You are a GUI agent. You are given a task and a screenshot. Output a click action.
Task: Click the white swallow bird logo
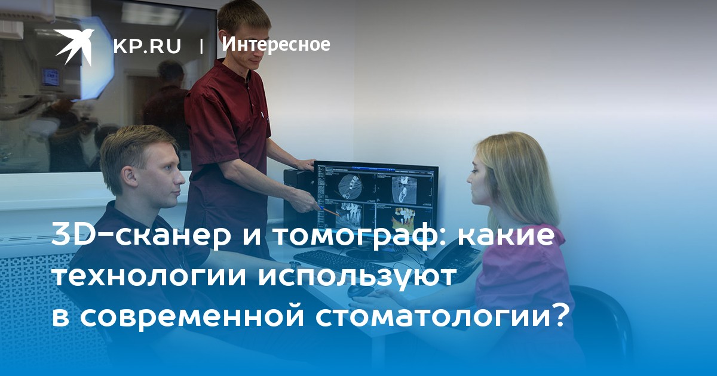[x=74, y=47]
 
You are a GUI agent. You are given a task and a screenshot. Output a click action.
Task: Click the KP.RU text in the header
[x=147, y=46]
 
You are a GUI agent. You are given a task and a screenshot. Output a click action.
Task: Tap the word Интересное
[x=276, y=44]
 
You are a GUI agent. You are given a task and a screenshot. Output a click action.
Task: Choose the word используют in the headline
[x=356, y=277]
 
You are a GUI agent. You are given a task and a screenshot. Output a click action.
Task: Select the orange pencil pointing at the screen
[x=329, y=211]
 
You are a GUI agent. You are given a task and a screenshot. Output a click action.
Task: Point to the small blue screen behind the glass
[x=51, y=78]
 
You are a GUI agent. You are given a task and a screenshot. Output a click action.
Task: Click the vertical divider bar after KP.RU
[x=201, y=46]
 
